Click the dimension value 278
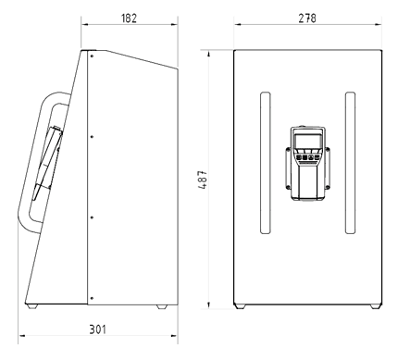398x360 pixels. coord(305,18)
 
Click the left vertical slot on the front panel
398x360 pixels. coord(264,161)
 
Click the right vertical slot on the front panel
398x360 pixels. coord(349,161)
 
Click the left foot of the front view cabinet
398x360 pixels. coord(242,306)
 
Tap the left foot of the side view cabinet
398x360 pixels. coord(32,306)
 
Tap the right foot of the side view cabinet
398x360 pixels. coord(162,306)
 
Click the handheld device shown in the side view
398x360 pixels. coord(48,162)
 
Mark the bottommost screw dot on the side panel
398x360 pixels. coord(92,297)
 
